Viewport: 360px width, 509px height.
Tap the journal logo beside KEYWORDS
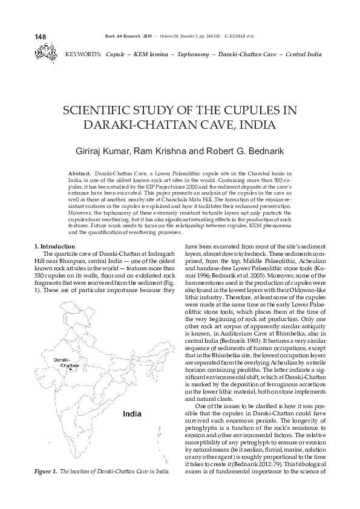45,54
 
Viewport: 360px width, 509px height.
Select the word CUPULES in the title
252,112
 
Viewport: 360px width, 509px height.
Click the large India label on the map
132,414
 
